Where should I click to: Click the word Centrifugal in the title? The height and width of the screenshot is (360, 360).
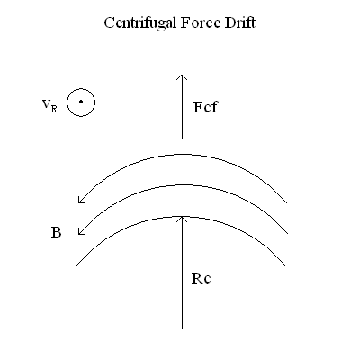(x=140, y=23)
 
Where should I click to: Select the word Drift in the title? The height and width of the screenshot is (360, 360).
(x=240, y=22)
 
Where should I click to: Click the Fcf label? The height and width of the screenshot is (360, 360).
(x=205, y=107)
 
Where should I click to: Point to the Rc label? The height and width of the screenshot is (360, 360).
(x=201, y=278)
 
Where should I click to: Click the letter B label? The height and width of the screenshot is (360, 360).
(x=56, y=232)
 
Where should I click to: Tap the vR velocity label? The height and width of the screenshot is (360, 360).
(x=49, y=105)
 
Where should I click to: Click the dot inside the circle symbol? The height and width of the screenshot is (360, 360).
(x=81, y=102)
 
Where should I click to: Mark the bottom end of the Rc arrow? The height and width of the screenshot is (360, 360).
(x=182, y=328)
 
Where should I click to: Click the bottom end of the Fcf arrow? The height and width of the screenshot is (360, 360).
(x=182, y=139)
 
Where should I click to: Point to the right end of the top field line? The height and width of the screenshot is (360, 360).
(x=287, y=203)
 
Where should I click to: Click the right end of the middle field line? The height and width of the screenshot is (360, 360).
(x=288, y=233)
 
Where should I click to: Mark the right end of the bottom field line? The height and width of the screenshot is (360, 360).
(x=285, y=265)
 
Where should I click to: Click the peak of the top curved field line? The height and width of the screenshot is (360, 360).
(x=183, y=155)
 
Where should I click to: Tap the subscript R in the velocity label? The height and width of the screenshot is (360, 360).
(x=54, y=109)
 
